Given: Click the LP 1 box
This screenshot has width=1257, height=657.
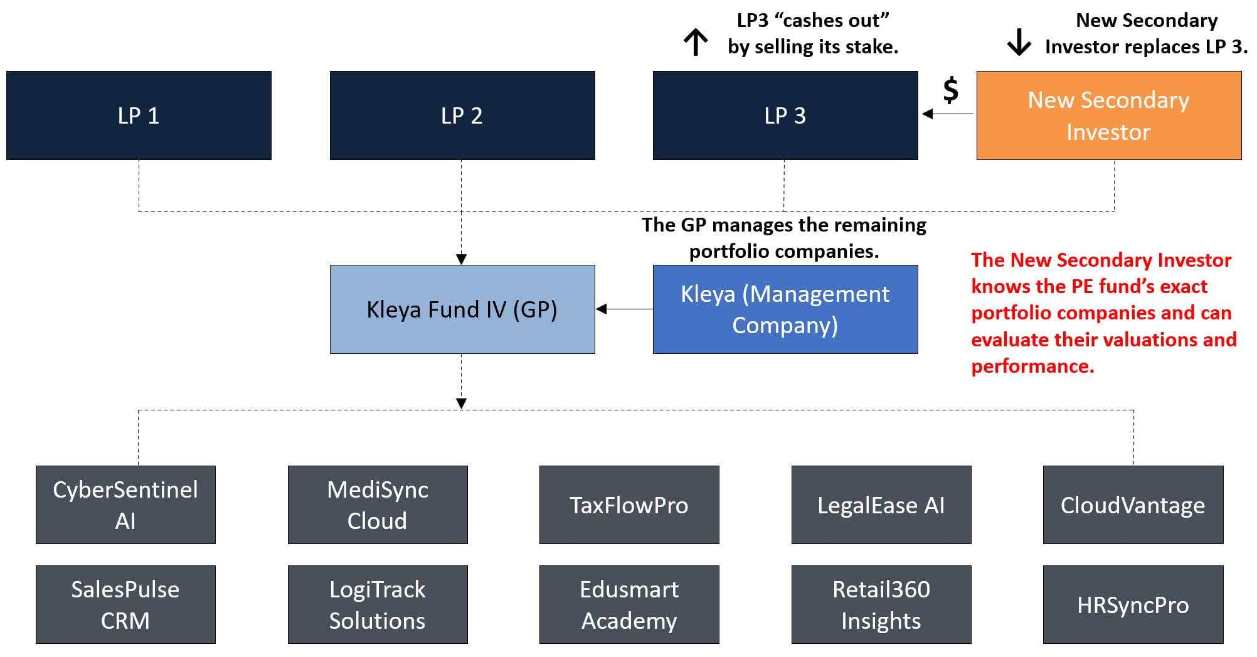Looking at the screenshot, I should pos(139,115).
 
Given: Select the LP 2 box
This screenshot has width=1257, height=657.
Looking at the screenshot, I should pos(462,115).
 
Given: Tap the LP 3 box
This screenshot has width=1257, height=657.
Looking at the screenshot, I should pos(785,115).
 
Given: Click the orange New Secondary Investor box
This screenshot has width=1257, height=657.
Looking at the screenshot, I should pos(1108,115).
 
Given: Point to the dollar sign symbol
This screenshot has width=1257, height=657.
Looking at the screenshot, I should pos(951,90).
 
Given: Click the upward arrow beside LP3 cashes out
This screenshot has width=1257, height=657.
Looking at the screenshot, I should pos(696,43).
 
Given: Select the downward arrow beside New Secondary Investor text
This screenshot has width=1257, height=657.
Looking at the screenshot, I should pos(1019,43).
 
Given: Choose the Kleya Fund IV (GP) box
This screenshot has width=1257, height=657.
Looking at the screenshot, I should pos(462,309).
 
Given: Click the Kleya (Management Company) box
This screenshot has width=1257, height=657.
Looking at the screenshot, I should pos(785,309).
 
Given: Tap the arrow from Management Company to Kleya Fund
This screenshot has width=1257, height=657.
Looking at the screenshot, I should pos(624,309).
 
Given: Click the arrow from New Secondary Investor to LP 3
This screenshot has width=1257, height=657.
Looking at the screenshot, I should pos(947,114).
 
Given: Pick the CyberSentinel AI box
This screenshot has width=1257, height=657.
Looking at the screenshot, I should pos(125,505).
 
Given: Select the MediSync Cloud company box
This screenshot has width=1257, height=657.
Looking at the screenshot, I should pos(378,505).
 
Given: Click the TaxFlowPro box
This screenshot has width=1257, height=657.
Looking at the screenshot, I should pos(629,505).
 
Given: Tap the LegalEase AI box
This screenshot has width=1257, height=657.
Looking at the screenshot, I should pos(881,505).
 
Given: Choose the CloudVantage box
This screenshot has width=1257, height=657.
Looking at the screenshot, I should pos(1133,505).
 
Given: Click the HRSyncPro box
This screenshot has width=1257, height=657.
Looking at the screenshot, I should pos(1133,604).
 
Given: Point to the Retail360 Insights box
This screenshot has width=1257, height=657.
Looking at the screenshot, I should pos(881,604).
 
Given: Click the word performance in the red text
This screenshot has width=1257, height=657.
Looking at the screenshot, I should pos(1032,366).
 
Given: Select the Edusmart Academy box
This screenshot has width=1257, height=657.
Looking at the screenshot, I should pos(629,604).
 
